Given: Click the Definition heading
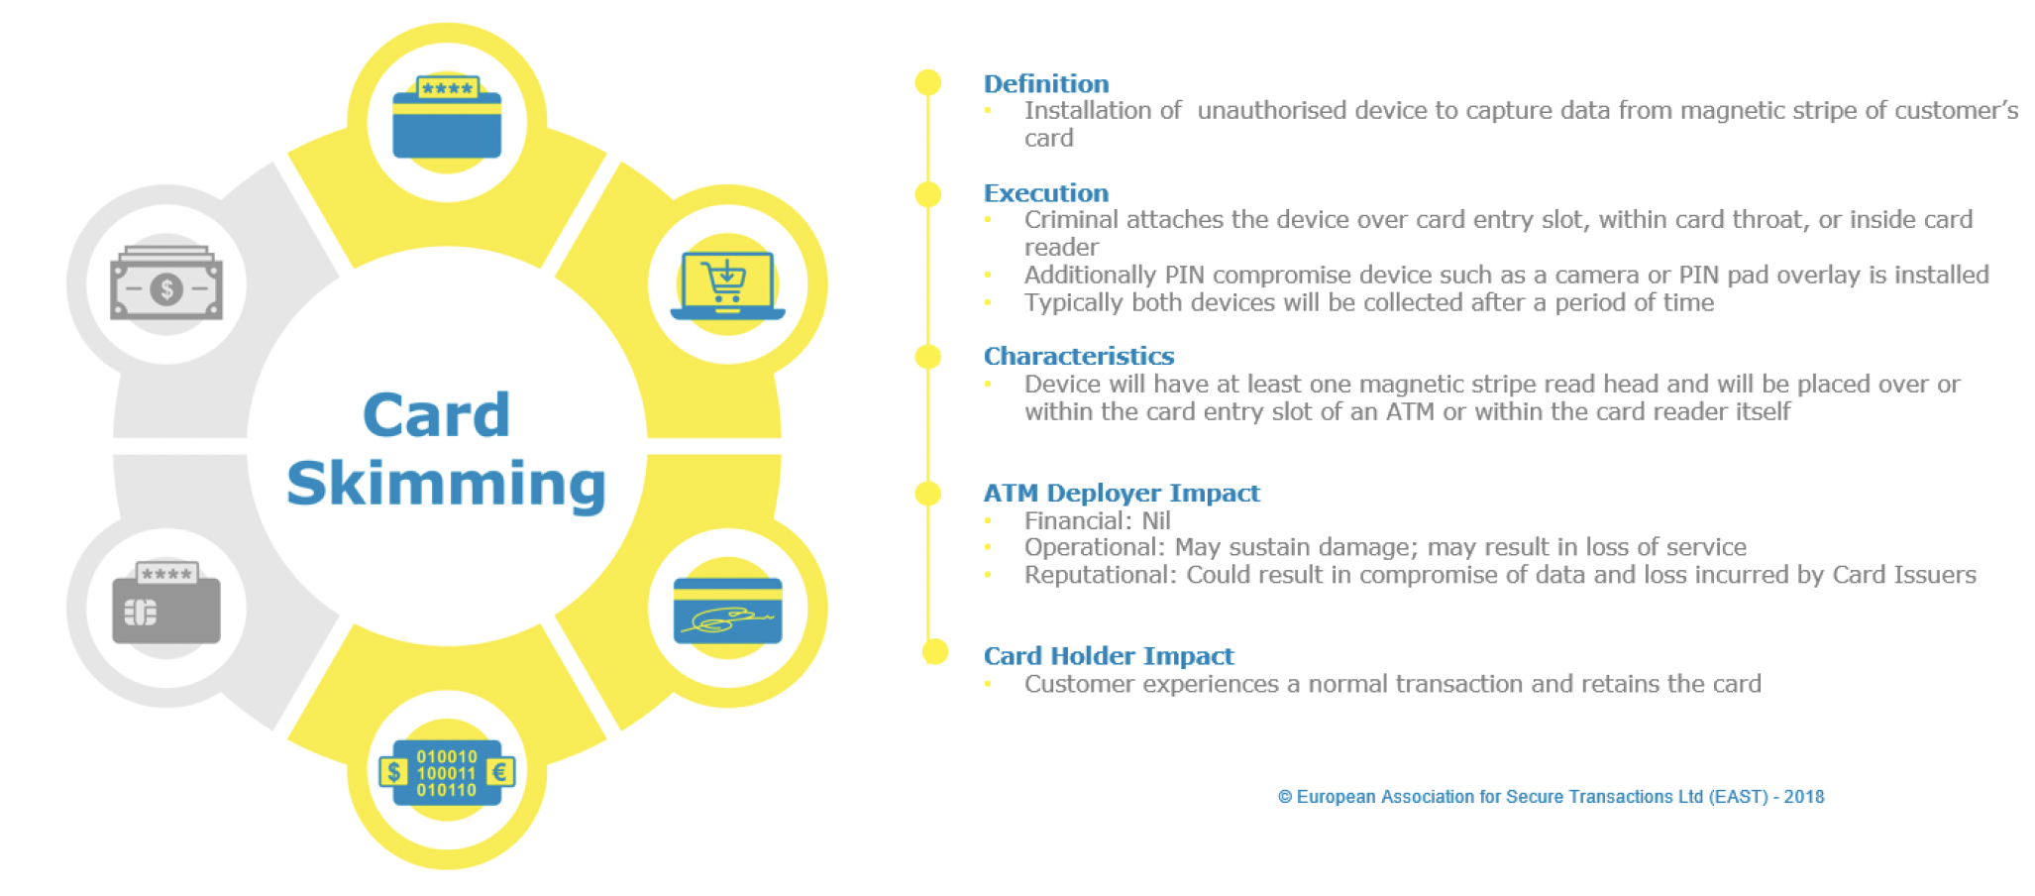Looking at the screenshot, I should (1045, 84).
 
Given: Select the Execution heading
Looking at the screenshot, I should (1045, 193).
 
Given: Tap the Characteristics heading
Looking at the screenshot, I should (1078, 356).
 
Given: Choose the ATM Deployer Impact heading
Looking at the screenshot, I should (1121, 493).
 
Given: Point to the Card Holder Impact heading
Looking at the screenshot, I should (1108, 656).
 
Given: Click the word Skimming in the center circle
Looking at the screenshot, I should (446, 484).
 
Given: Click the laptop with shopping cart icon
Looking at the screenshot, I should (727, 285).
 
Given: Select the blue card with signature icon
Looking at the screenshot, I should (727, 610).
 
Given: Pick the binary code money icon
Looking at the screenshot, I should (447, 772).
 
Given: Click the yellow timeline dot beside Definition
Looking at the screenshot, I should (928, 82).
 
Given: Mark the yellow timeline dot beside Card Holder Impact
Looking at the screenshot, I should (934, 651).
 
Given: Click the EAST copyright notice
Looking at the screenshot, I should (1551, 797).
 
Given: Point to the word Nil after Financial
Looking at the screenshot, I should (1156, 520).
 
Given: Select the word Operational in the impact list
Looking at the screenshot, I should (1093, 547).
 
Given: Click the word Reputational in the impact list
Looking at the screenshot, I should (1099, 575).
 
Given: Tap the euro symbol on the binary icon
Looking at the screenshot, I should (500, 772).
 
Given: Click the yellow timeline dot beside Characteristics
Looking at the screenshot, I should (928, 357).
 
